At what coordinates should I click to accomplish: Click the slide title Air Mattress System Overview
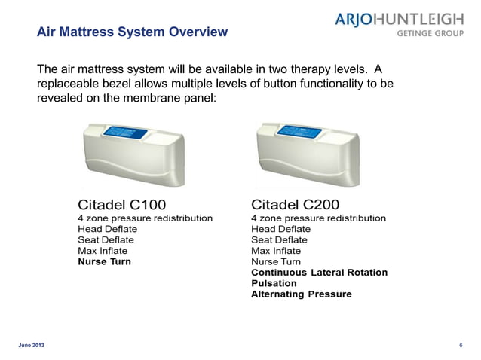pos(132,32)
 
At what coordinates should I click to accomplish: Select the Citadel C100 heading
pos(121,203)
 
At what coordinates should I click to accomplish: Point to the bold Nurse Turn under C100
pos(104,261)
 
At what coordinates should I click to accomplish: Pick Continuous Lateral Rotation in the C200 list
pos(319,272)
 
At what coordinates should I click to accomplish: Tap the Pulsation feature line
pos(274,283)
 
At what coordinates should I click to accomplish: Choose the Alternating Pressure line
pos(301,294)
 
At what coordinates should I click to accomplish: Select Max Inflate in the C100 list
pos(103,251)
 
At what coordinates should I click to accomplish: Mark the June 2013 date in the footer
pos(31,345)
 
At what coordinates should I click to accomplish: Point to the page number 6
pos(460,345)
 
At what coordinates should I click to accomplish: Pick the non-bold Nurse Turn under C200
pos(275,261)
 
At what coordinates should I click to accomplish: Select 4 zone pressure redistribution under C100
pos(145,218)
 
